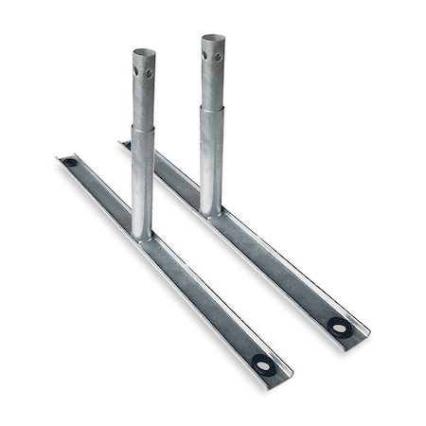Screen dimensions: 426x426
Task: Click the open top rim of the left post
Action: click(144, 53)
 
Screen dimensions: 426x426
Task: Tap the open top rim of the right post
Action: click(213, 40)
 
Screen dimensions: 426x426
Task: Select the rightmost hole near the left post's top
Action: click(149, 73)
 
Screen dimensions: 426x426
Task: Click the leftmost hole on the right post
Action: click(205, 54)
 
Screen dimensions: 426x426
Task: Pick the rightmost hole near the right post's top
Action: click(218, 57)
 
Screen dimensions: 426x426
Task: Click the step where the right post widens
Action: click(212, 108)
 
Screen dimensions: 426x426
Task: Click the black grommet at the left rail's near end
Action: click(263, 364)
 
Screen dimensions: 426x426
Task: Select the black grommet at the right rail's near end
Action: click(340, 328)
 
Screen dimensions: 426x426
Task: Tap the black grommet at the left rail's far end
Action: click(70, 163)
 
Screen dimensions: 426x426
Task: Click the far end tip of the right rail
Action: click(123, 145)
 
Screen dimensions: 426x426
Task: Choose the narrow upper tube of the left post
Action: click(144, 95)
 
